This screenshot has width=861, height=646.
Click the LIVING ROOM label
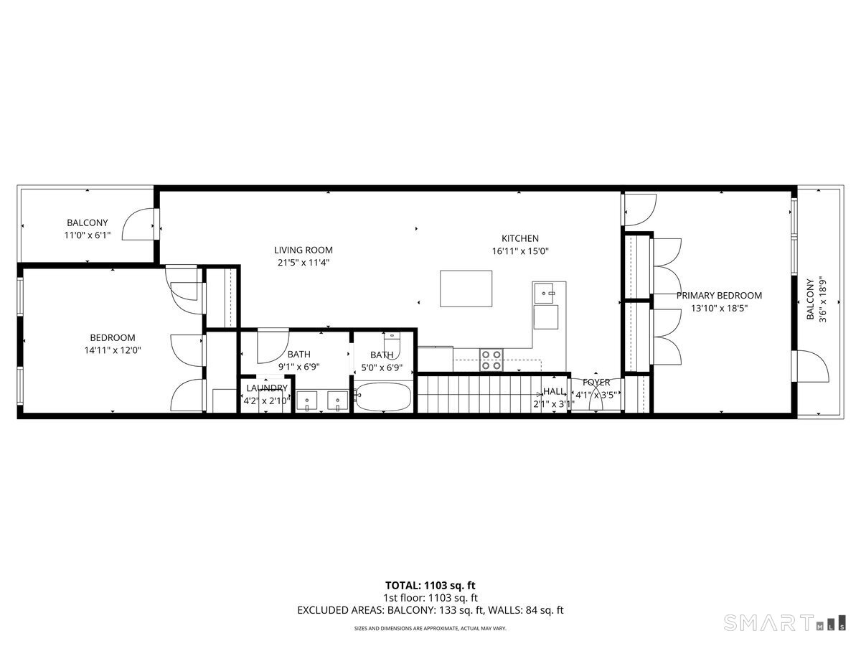(x=304, y=250)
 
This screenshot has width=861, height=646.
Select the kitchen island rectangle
(x=466, y=288)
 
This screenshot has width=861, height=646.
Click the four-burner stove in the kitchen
(x=491, y=359)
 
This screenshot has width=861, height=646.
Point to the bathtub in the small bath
(x=383, y=397)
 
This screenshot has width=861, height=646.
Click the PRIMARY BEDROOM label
(x=719, y=295)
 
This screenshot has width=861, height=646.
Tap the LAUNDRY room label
(x=267, y=388)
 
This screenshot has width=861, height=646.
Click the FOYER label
(x=596, y=383)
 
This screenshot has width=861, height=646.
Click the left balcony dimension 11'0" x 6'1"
(x=88, y=235)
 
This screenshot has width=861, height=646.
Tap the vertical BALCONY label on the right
(x=810, y=299)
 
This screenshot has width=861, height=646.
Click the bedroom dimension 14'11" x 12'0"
(x=112, y=350)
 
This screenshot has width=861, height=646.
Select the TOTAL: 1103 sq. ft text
(x=430, y=586)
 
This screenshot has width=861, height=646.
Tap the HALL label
(x=554, y=391)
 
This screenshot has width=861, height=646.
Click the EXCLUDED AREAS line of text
(x=430, y=610)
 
